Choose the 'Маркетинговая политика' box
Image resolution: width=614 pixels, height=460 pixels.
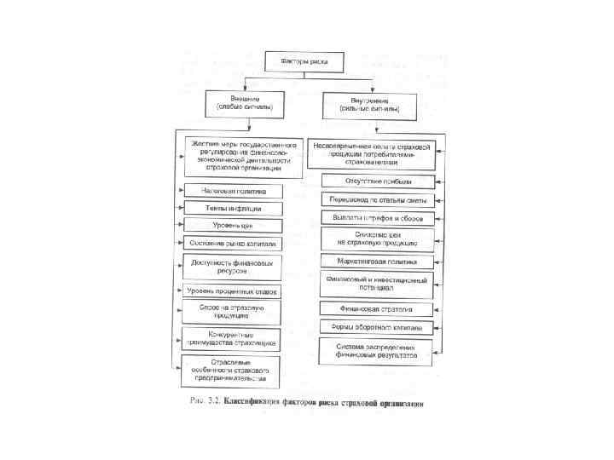coord(378,260)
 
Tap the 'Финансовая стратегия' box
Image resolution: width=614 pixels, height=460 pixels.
coord(378,308)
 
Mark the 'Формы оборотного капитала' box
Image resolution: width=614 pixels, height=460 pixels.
coord(378,326)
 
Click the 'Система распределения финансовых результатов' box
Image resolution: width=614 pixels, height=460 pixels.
coord(378,350)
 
